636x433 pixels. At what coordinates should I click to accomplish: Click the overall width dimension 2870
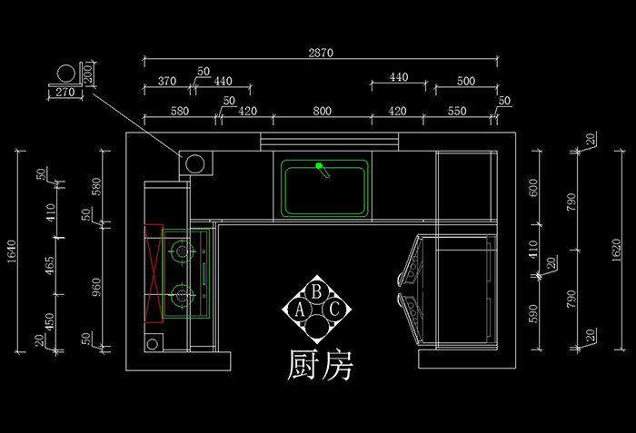pos(320,53)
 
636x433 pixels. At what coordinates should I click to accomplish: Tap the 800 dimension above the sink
pos(322,112)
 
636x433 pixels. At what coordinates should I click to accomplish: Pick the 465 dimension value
pos(51,266)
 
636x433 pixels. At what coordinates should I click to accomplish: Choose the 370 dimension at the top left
pos(166,81)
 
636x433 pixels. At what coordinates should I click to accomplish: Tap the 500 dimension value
pos(465,81)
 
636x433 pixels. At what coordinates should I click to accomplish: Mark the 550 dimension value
pos(457,112)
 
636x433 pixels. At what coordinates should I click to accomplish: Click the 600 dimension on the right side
pos(534,188)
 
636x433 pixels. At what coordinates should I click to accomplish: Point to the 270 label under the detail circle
pos(65,93)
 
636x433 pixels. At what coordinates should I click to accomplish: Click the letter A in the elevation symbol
pos(300,310)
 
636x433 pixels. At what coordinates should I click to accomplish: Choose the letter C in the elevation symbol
pos(333,310)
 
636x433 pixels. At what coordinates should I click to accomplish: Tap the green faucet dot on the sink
pos(319,166)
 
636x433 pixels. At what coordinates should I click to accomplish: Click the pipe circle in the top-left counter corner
pos(194,163)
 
